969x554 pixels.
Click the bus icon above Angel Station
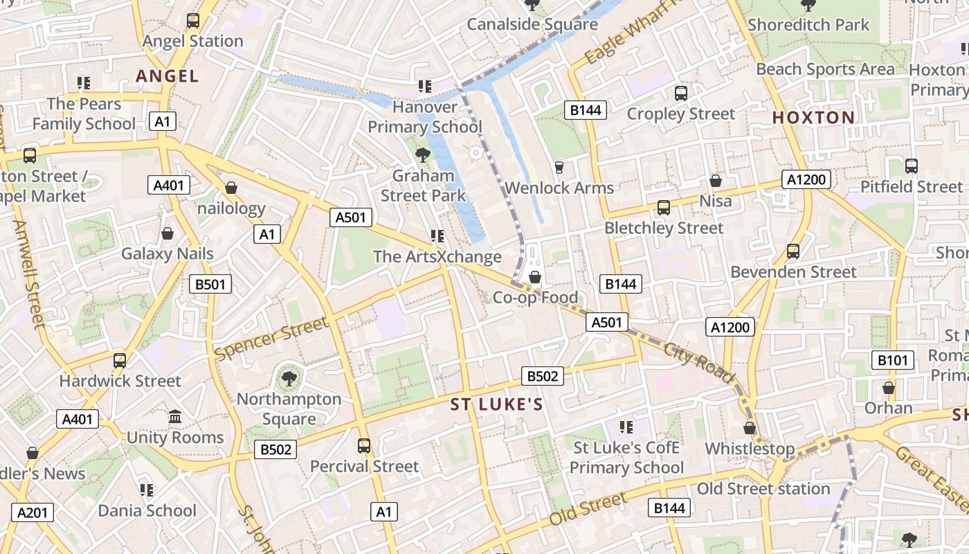[193, 21]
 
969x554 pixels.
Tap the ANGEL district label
[167, 75]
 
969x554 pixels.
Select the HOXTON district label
[813, 117]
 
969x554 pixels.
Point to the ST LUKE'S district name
[496, 404]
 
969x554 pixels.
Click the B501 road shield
[210, 283]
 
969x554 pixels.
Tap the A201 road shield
[33, 512]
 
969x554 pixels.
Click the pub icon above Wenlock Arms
[559, 167]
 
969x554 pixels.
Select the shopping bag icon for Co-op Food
[535, 278]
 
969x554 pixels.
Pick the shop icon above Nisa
[716, 181]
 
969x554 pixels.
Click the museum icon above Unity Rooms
[175, 417]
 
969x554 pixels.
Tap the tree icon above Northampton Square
[289, 378]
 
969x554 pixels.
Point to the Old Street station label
[763, 488]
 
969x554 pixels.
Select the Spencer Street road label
[271, 339]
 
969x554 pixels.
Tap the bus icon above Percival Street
[364, 445]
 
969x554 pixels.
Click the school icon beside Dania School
[147, 490]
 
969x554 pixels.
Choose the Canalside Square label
[532, 24]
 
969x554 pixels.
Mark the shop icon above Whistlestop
[750, 428]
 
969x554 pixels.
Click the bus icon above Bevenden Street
[793, 251]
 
